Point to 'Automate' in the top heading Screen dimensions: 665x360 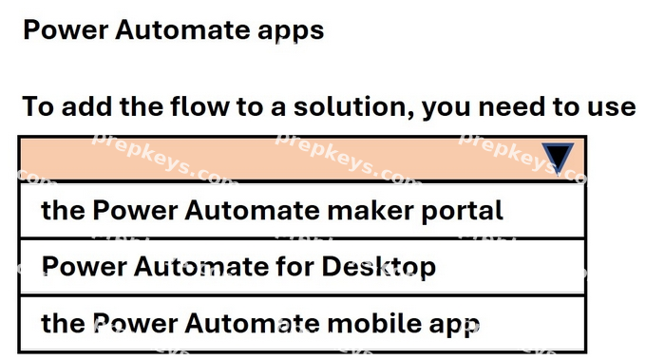[182, 29]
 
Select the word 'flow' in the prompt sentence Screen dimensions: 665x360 [199, 106]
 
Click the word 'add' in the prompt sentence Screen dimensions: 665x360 [87, 106]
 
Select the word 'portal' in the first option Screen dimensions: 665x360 [462, 211]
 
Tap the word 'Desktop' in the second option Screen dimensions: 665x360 [379, 268]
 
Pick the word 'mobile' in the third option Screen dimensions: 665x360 [374, 323]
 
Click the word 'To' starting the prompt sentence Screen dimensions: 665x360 [38, 106]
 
